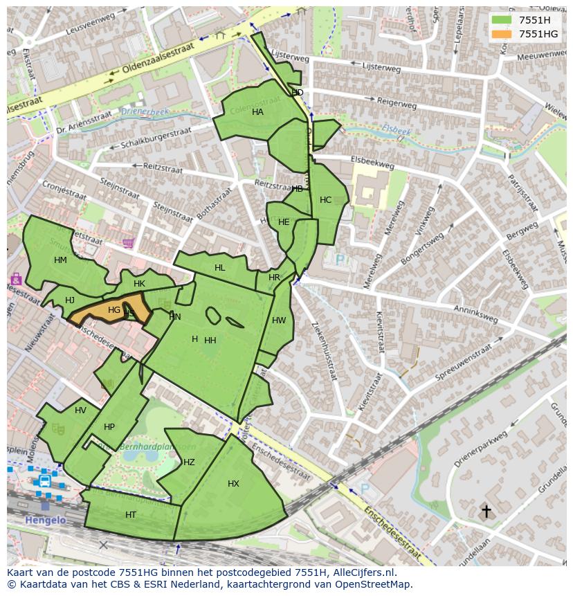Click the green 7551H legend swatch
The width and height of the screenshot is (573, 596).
[x=502, y=20]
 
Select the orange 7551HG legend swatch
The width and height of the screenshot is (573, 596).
[x=502, y=34]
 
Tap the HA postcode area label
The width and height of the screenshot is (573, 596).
[x=257, y=112]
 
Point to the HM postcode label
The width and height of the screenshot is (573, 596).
[x=60, y=260]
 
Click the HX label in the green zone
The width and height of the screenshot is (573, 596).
[x=233, y=484]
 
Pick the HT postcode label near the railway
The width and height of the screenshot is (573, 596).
[x=131, y=515]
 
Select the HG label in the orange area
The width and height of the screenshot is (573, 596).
[x=114, y=310]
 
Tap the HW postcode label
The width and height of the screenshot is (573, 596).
[x=279, y=320]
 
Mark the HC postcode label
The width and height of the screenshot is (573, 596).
[x=325, y=200]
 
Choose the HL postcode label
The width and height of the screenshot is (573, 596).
[x=219, y=268]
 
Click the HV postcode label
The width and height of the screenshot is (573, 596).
[x=81, y=410]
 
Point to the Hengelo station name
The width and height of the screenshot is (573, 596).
[x=45, y=520]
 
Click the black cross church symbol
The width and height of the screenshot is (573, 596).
[x=486, y=512]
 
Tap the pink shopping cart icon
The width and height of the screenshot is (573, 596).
[x=128, y=243]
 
